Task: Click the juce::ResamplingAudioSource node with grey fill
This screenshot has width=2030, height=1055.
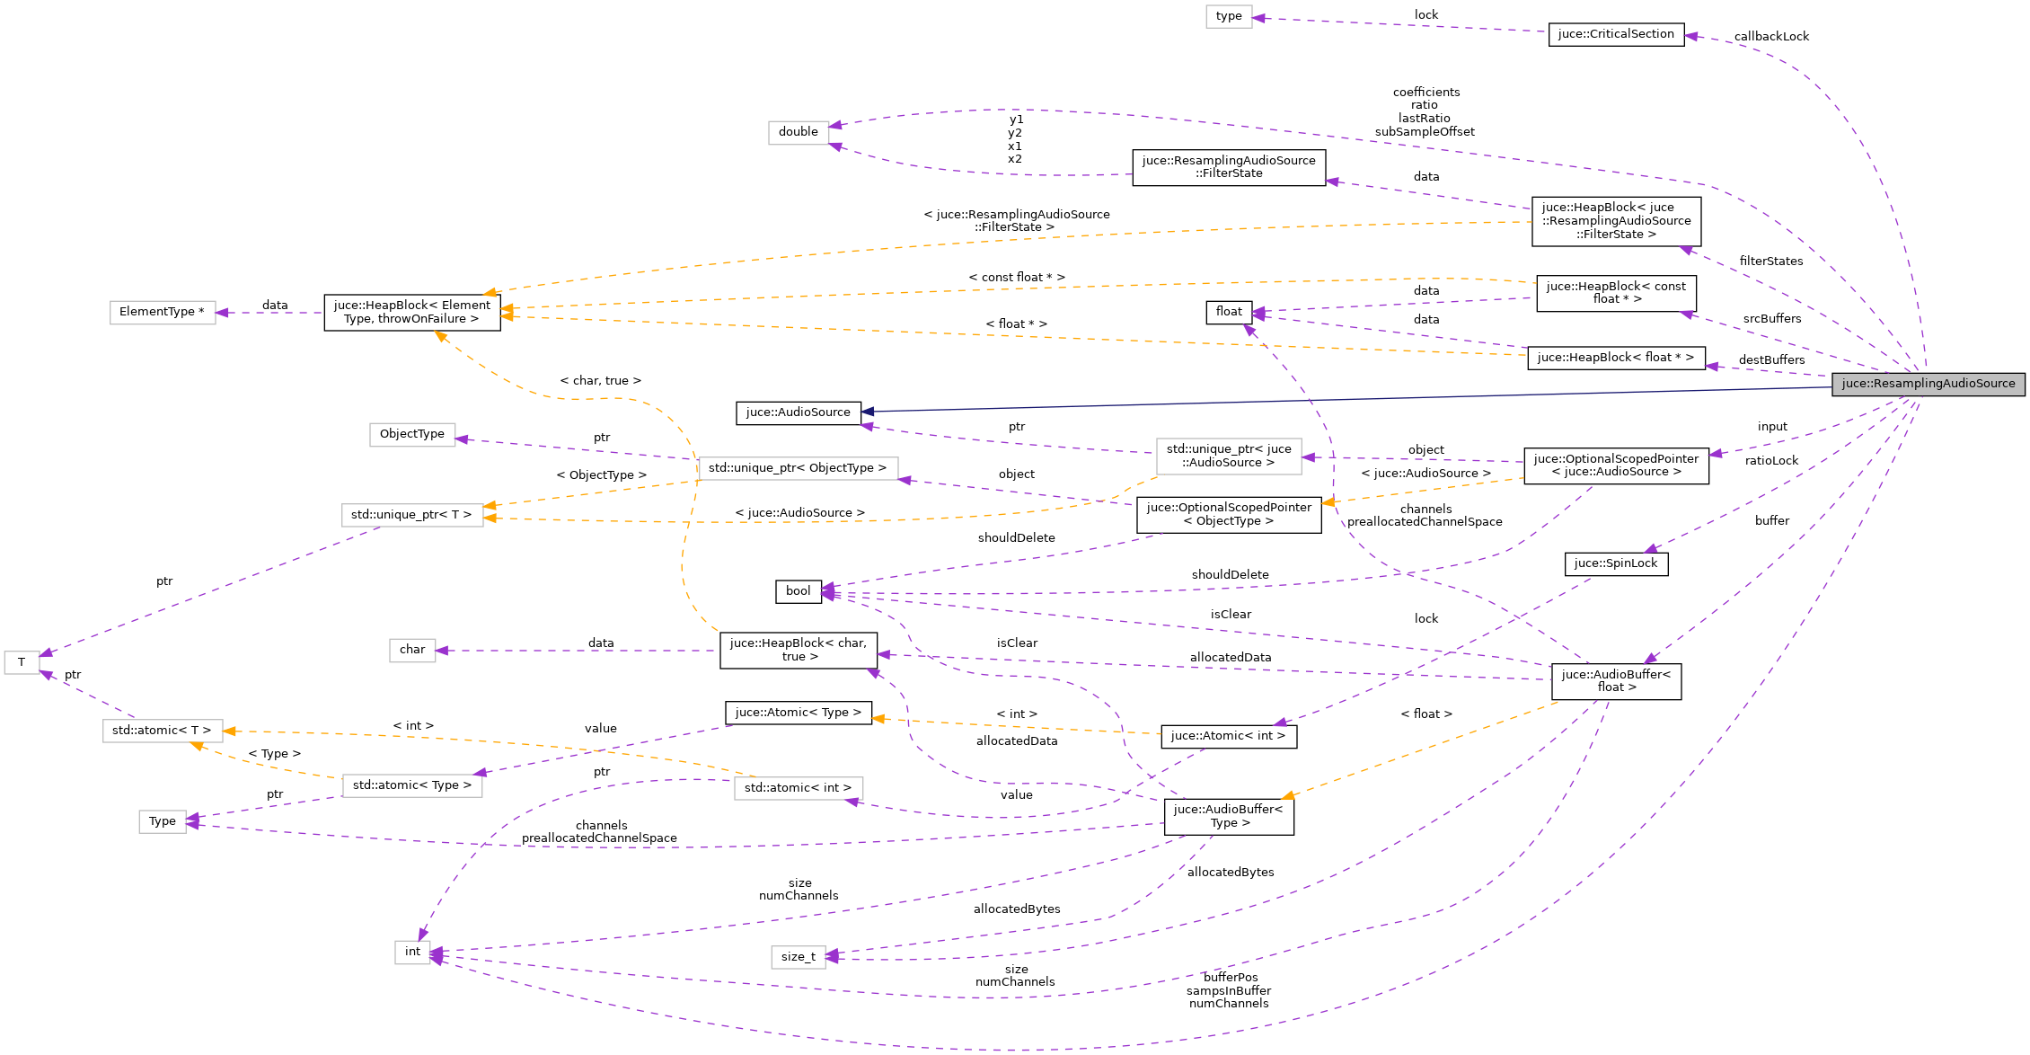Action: (x=1928, y=384)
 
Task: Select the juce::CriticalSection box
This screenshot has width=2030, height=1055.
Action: (x=1616, y=34)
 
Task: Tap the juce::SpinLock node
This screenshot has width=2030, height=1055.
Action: (x=1616, y=563)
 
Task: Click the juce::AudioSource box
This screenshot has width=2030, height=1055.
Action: (x=798, y=412)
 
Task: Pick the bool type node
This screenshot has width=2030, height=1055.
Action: (x=798, y=591)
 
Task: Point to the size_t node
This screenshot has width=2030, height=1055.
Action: (x=798, y=957)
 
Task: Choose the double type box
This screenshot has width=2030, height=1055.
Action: (x=798, y=132)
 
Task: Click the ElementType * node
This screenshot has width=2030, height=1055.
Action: (x=162, y=312)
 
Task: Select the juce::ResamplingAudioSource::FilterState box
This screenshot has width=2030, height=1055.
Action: (x=1228, y=167)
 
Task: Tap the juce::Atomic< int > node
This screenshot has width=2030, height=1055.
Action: (x=1228, y=736)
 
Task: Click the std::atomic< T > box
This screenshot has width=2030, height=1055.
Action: (x=162, y=731)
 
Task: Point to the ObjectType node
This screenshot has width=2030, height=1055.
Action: (x=411, y=434)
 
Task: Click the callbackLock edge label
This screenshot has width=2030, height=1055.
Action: (x=1771, y=37)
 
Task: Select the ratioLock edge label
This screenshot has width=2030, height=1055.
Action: (x=1771, y=461)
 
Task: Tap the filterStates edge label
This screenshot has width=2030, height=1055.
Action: (x=1770, y=262)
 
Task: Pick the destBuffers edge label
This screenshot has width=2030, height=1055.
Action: (x=1771, y=360)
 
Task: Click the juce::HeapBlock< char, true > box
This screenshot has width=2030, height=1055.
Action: (x=798, y=650)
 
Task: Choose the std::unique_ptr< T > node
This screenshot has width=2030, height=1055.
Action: (x=411, y=515)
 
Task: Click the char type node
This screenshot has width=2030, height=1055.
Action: (x=411, y=650)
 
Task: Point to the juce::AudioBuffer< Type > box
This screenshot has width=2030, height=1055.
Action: (x=1228, y=816)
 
